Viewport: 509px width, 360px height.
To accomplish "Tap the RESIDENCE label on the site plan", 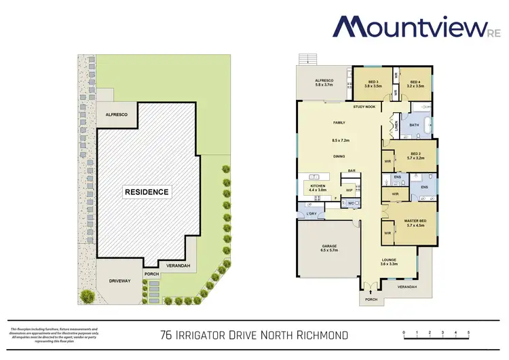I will click(146, 192).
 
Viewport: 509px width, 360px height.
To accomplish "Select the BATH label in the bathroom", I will click(414, 125).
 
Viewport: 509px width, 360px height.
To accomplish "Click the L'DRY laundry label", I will click(312, 215).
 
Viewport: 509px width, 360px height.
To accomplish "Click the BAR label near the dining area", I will click(353, 170).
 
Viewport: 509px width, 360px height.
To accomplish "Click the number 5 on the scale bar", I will click(468, 332).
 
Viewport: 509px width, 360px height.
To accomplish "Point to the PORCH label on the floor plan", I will click(371, 300).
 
